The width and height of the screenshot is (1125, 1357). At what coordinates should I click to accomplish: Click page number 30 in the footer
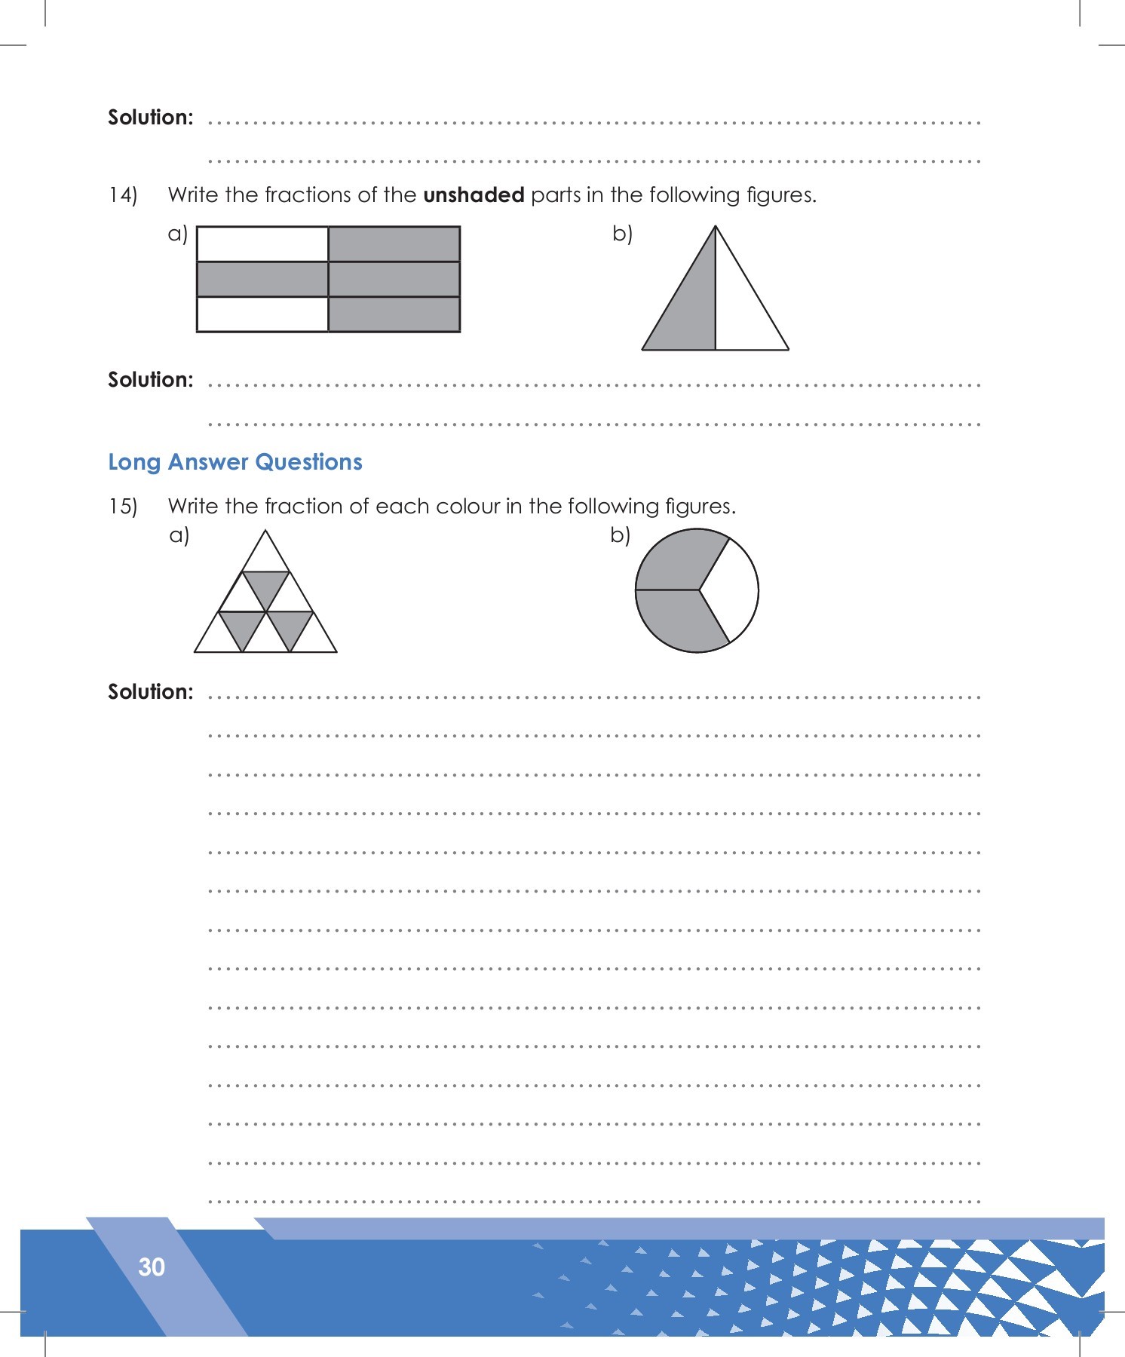coord(152,1267)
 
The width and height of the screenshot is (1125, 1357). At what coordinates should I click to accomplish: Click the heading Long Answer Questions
coord(235,462)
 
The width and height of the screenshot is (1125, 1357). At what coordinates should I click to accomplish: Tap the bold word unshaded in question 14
coord(474,195)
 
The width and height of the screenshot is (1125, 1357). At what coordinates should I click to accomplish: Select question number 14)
coord(123,195)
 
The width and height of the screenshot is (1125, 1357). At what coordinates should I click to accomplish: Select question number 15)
coord(123,507)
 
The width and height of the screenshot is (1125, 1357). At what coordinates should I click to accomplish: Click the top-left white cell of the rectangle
coord(262,244)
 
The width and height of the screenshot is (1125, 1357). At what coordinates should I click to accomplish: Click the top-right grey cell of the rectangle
coord(394,244)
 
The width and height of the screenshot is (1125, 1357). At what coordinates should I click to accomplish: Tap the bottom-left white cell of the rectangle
coord(262,314)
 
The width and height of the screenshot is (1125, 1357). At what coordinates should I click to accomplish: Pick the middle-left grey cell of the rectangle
coord(262,279)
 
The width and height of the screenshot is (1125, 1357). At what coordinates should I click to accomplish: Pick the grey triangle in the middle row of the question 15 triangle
coord(265,586)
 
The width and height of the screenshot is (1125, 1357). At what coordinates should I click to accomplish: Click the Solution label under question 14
coord(151,380)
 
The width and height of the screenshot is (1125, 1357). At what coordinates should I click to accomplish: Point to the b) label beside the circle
coord(621,535)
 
